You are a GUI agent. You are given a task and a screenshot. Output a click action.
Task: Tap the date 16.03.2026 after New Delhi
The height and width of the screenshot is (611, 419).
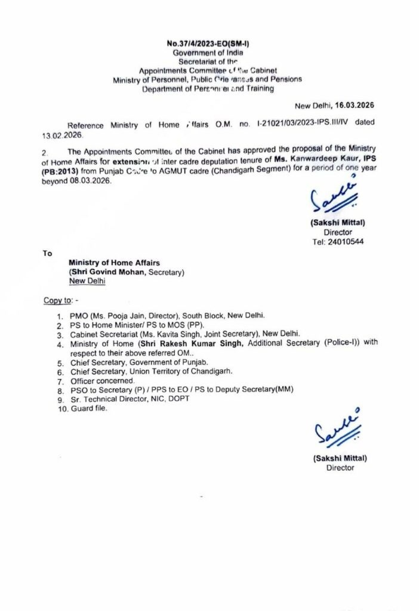352,106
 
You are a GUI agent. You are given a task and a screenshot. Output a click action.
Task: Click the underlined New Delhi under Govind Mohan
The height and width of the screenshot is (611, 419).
88,281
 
